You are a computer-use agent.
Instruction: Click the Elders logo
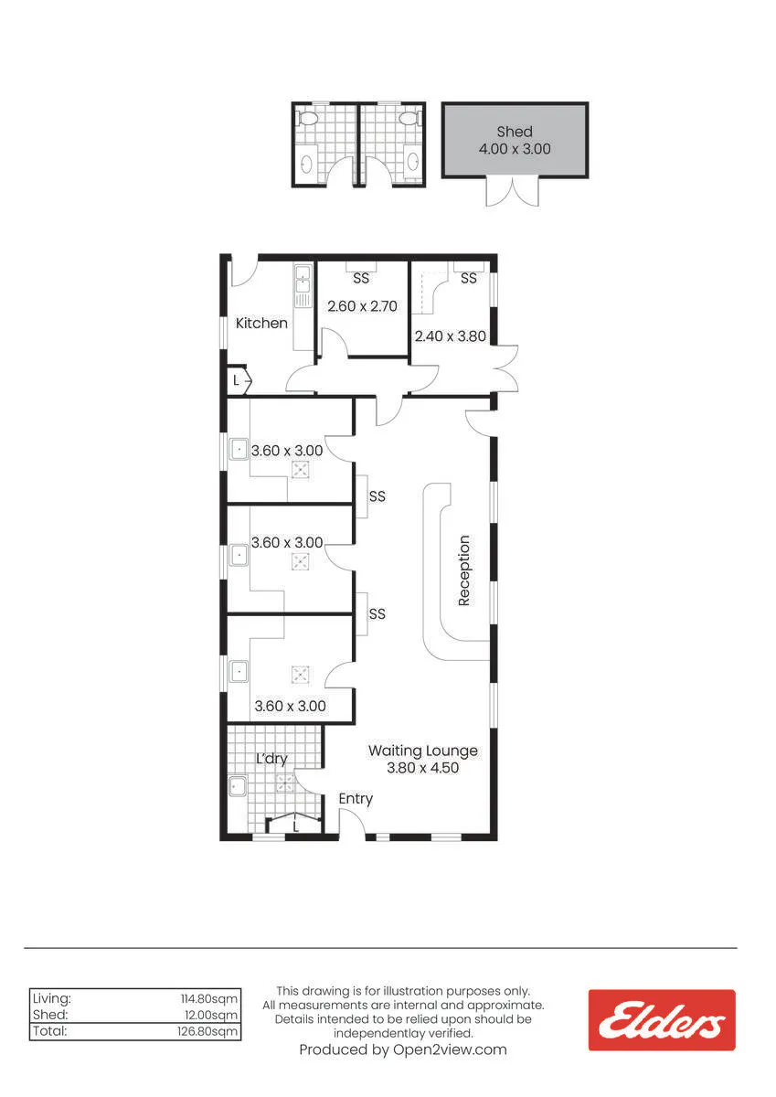coord(661,1019)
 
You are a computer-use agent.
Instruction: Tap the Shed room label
coord(515,132)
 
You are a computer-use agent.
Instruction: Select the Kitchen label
coord(261,324)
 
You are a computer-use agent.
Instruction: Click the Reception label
coord(463,570)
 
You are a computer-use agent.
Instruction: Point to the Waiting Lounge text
coord(423,751)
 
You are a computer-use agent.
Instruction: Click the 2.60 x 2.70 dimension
coord(362,306)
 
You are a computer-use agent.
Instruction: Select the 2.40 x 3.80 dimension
coord(451,336)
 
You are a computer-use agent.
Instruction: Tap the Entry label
coord(356,799)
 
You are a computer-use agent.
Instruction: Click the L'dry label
coord(271,759)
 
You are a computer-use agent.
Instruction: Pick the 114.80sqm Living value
coord(209,998)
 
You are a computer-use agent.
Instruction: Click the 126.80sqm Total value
coord(207,1031)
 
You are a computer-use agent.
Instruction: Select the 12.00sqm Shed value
coord(211,1015)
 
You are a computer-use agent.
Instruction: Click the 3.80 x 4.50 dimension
coord(423,767)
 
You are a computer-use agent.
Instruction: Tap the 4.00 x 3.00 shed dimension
coord(515,149)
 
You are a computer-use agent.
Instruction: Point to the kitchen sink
coord(303,286)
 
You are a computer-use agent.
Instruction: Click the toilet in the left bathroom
coord(308,118)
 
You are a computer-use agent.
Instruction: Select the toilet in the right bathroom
coord(408,118)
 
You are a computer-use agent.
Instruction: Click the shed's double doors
coord(513,191)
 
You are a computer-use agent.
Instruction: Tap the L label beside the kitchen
coord(236,380)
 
